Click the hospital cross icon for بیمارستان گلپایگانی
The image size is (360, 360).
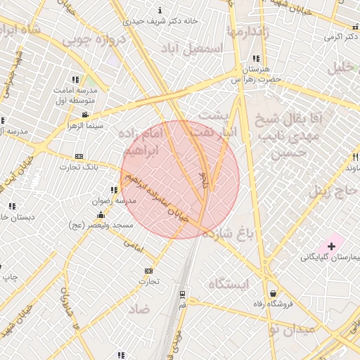(330, 246)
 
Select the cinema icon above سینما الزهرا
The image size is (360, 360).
(85, 115)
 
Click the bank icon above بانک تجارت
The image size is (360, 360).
(79, 156)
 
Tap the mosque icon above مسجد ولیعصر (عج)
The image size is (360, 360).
(101, 214)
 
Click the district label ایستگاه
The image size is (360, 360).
(229, 284)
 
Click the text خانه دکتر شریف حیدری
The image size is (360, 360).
(161, 20)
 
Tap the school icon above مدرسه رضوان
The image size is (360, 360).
(113, 190)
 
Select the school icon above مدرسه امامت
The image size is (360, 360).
(76, 79)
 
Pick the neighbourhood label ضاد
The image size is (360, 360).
(139, 309)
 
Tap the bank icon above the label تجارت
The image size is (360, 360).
(148, 271)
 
